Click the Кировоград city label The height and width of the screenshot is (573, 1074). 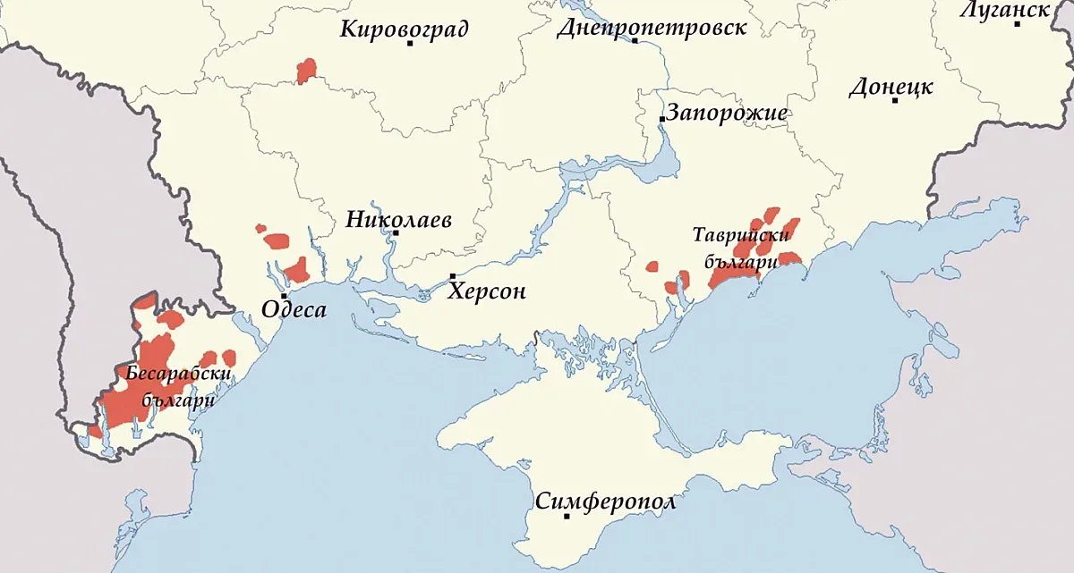404,29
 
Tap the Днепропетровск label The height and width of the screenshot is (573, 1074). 651,28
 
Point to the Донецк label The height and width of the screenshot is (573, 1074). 891,88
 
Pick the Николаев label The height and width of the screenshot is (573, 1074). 399,219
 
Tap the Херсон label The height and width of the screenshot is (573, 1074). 487,291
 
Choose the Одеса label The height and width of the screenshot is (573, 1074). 294,310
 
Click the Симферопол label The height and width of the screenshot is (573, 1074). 606,501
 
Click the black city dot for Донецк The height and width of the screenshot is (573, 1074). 894,100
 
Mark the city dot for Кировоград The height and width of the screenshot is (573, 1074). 410,43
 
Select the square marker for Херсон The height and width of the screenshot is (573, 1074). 453,276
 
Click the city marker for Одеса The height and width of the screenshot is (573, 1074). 284,296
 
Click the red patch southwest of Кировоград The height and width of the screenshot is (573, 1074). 307,70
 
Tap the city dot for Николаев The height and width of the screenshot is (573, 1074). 396,233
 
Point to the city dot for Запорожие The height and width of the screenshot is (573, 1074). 661,119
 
